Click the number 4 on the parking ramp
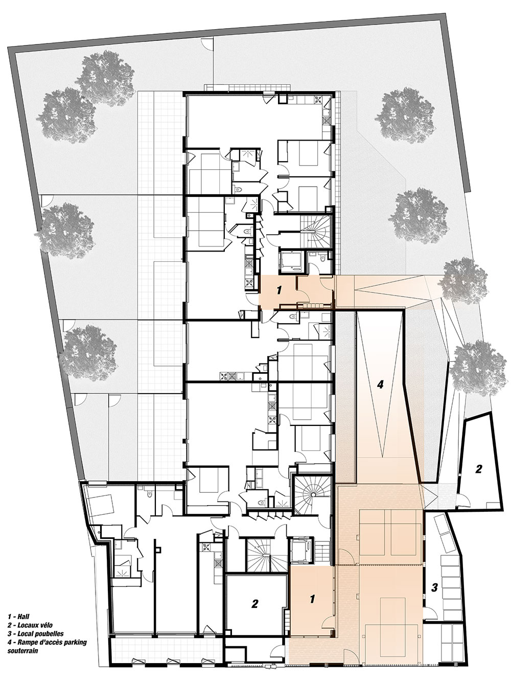click(x=380, y=384)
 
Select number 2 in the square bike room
click(x=254, y=595)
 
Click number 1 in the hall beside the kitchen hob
click(x=279, y=290)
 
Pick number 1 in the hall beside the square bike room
click(x=312, y=590)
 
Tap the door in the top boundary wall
click(x=207, y=42)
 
